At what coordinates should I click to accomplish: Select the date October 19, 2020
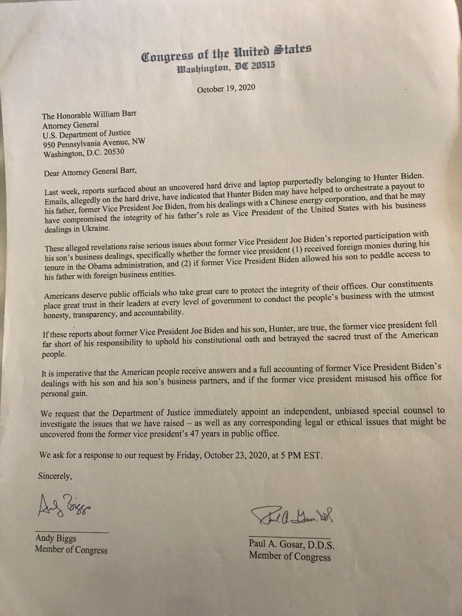[226, 89]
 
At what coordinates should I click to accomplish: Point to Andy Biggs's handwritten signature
[66, 507]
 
